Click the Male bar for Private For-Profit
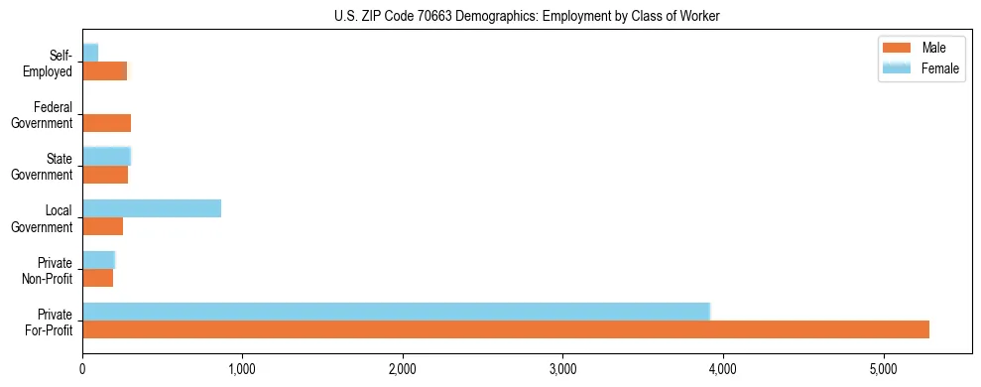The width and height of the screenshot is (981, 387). pos(506,329)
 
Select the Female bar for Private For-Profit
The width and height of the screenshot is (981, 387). pos(396,311)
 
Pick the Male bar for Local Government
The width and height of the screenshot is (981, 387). pos(103,226)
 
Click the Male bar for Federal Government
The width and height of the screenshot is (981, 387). pos(107,123)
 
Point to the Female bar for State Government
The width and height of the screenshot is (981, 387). pos(107,156)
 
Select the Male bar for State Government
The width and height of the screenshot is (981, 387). pos(105,175)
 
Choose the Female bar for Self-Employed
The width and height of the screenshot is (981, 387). pos(90,53)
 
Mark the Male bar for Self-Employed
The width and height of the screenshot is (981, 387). pos(105,71)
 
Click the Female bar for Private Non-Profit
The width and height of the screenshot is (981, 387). pos(99,260)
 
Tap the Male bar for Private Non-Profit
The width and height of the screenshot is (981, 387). pos(98,278)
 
